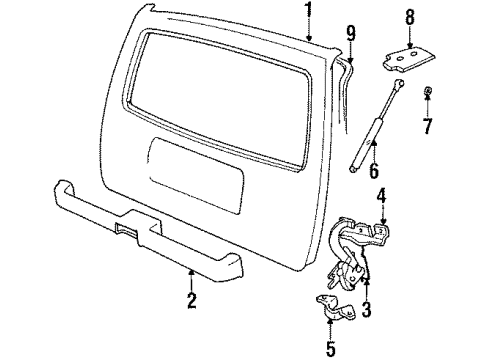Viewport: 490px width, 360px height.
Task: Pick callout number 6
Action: (376, 173)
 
